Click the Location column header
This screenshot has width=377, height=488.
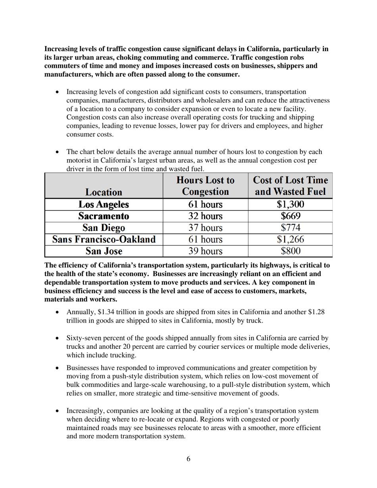[x=104, y=192]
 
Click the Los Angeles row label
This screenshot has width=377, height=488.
[x=104, y=205]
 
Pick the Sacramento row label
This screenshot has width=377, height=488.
[x=104, y=216]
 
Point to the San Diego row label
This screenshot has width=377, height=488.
[x=104, y=228]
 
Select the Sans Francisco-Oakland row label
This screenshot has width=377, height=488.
[x=104, y=239]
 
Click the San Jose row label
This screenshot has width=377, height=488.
[x=104, y=251]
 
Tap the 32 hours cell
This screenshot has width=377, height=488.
[x=205, y=216]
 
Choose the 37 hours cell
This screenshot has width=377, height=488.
[x=205, y=228]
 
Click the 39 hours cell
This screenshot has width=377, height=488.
[x=205, y=251]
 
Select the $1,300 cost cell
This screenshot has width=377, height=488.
[x=290, y=205]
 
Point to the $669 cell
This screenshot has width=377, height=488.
[x=290, y=216]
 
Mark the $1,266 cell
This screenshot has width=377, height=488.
[x=290, y=239]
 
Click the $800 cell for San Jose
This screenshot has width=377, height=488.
[x=290, y=251]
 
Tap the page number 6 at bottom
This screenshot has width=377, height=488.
[x=188, y=459]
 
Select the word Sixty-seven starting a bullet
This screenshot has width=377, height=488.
[x=83, y=338]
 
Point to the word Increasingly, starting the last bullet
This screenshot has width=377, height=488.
[x=85, y=411]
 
